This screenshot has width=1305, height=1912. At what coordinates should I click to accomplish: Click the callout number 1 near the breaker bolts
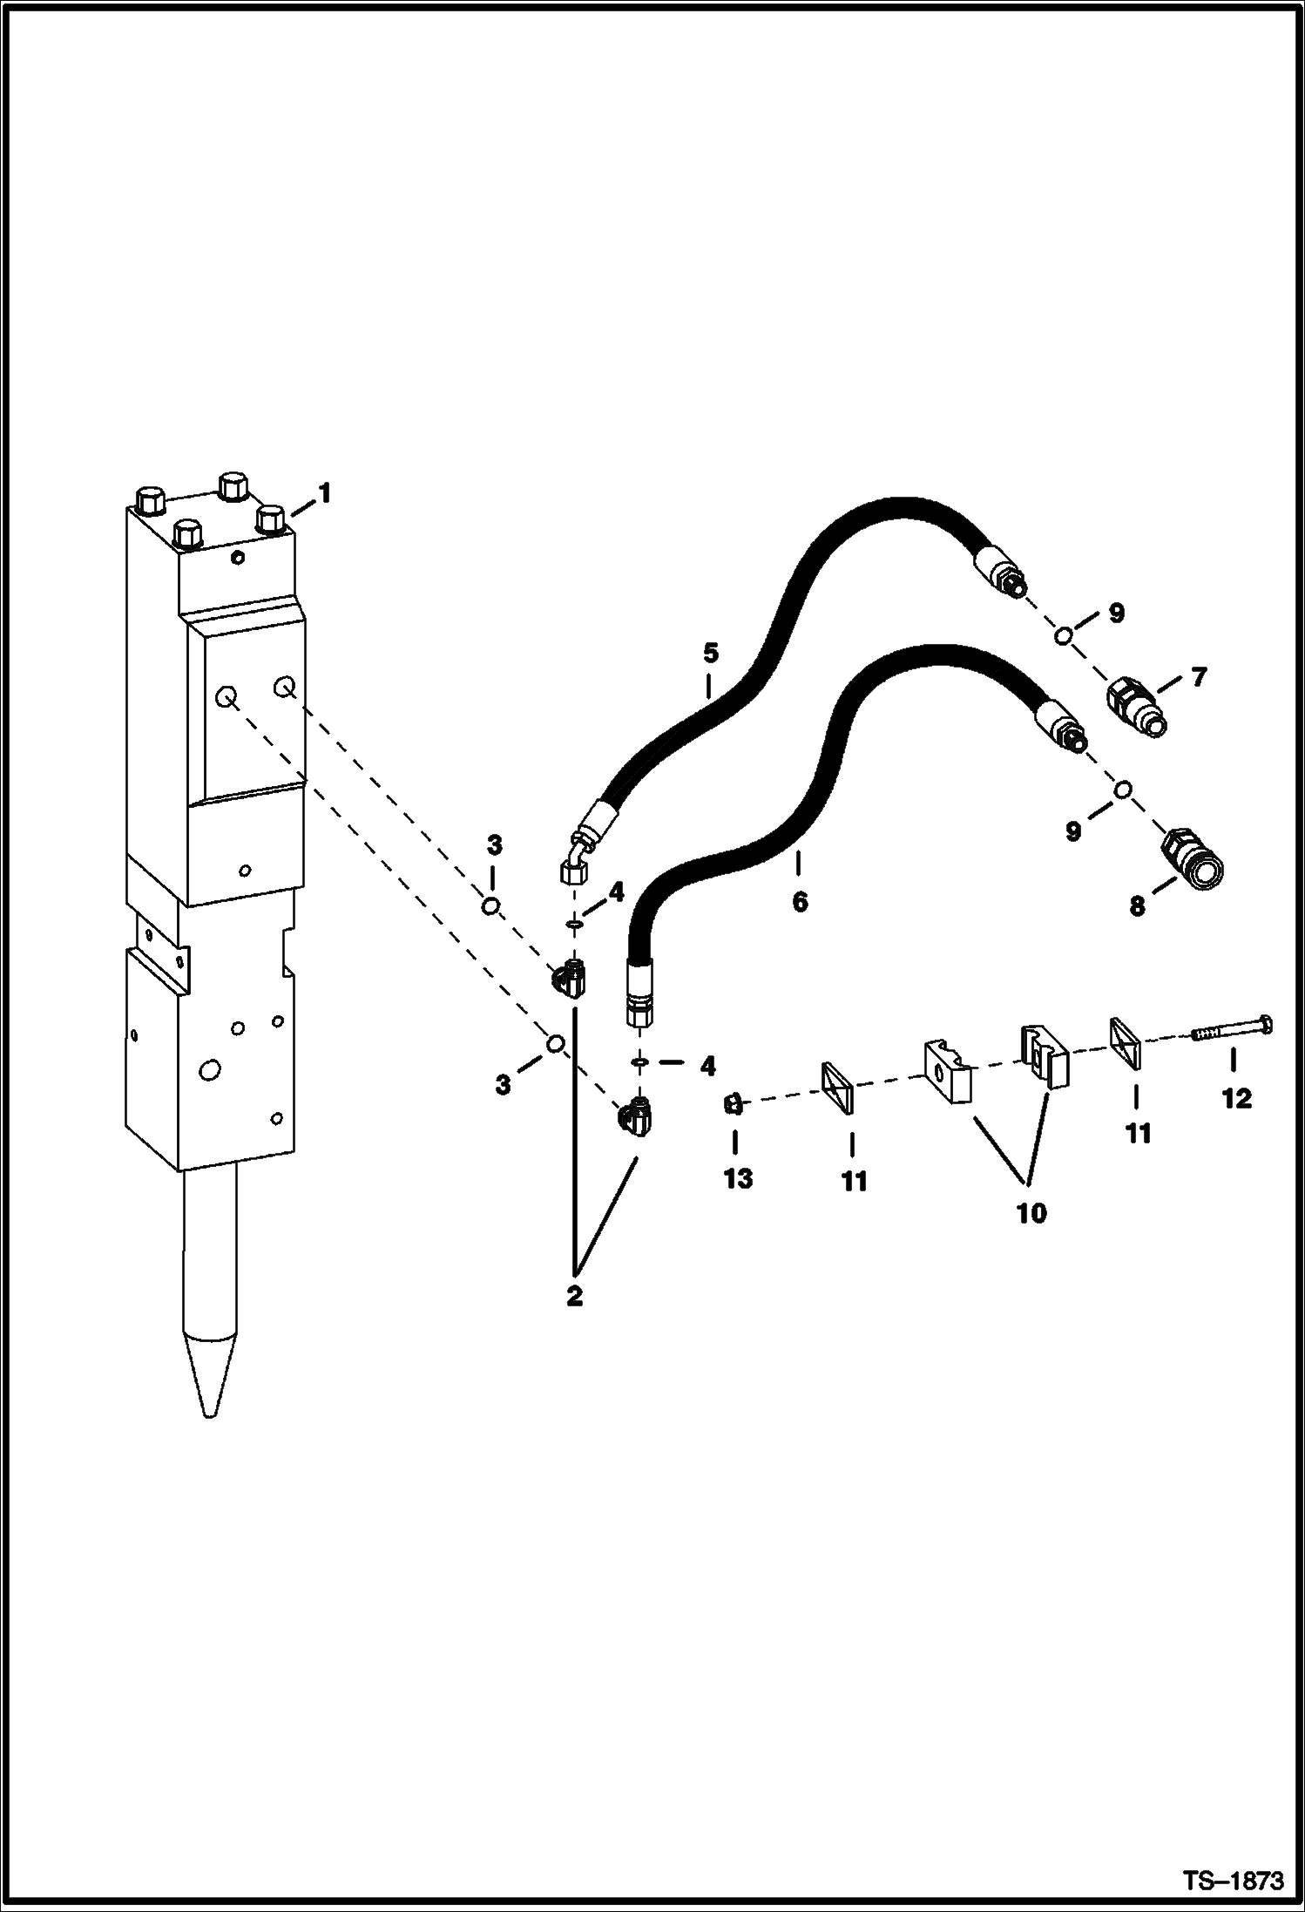323,494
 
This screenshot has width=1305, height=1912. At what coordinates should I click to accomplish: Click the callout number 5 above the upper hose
710,652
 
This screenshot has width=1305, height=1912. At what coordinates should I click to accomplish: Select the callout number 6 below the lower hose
800,901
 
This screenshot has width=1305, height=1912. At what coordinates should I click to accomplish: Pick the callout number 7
1200,676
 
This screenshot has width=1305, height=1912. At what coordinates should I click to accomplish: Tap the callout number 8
1138,907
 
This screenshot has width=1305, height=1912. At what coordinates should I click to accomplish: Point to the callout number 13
738,1178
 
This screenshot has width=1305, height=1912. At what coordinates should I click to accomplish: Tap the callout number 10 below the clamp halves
1031,1212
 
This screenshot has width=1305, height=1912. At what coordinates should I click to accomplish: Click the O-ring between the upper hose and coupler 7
1063,636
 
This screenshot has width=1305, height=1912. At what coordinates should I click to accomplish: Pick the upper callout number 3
494,844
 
